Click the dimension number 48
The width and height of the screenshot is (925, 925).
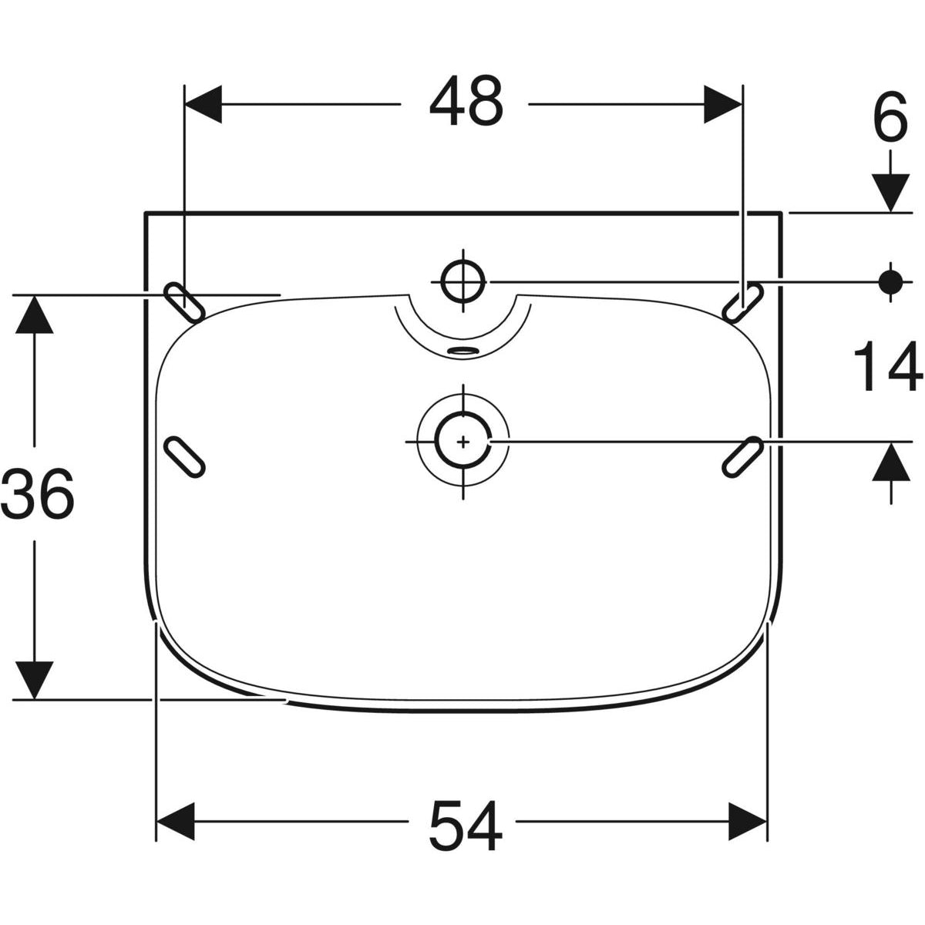click(x=466, y=103)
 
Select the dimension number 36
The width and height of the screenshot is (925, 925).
click(x=38, y=495)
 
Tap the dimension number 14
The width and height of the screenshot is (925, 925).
click(x=888, y=368)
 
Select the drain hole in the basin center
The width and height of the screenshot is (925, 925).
click(x=463, y=442)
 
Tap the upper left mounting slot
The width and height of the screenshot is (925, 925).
click(x=185, y=301)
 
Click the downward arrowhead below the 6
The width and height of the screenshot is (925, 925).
click(x=891, y=193)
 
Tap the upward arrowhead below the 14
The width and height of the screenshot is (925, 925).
click(x=891, y=462)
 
